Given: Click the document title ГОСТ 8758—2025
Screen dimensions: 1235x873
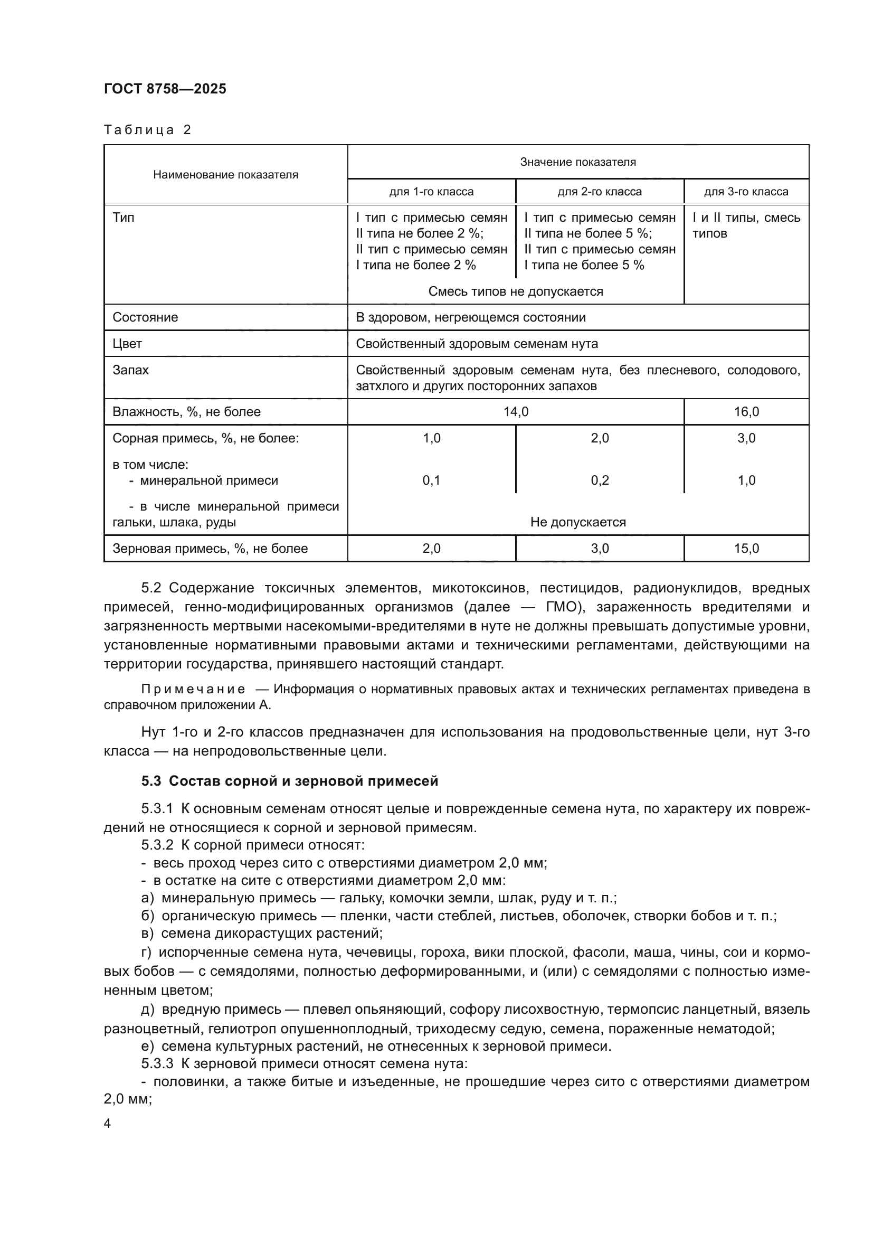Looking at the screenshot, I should pos(165,89).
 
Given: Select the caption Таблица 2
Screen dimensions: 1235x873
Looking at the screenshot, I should pos(147,130).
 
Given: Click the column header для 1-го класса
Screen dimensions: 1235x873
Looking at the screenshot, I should pos(431,192).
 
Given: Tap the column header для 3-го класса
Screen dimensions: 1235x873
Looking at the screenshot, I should pos(746,192).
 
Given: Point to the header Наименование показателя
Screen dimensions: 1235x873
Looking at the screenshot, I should pos(225,174).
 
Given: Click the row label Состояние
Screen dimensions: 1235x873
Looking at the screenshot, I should pos(145,317).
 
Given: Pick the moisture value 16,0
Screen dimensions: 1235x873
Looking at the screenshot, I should pos(746,411).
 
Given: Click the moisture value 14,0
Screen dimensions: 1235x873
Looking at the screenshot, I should pos(516,411).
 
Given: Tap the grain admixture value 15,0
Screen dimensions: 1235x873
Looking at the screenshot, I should pos(746,548).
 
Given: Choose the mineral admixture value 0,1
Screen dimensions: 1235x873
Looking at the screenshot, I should pos(431,480).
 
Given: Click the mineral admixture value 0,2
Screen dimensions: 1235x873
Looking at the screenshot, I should pos(600,480).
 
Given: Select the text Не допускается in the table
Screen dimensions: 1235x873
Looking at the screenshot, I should pos(578,522).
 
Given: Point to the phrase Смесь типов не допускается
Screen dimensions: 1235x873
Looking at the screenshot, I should pos(516,291).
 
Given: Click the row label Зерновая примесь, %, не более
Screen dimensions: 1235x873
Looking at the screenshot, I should pos(210,548).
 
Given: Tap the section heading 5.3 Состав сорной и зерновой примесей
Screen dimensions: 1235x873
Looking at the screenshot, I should pos(290,781).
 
